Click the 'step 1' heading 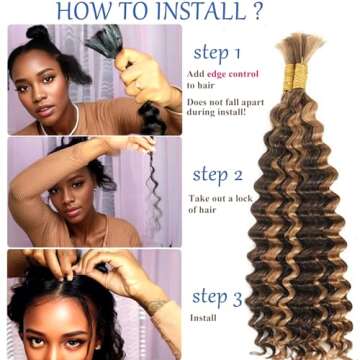pyautogui.click(x=225, y=53)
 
